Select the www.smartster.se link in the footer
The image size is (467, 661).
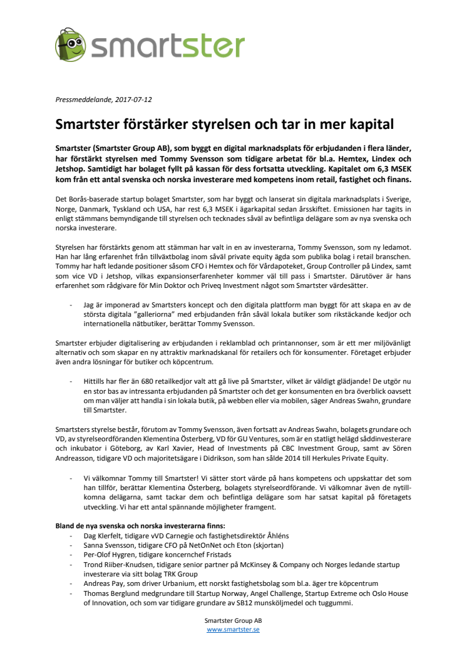pyautogui.click(x=233, y=630)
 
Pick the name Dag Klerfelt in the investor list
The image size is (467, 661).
pyautogui.click(x=104, y=536)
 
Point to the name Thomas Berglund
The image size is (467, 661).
pyautogui.click(x=111, y=593)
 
